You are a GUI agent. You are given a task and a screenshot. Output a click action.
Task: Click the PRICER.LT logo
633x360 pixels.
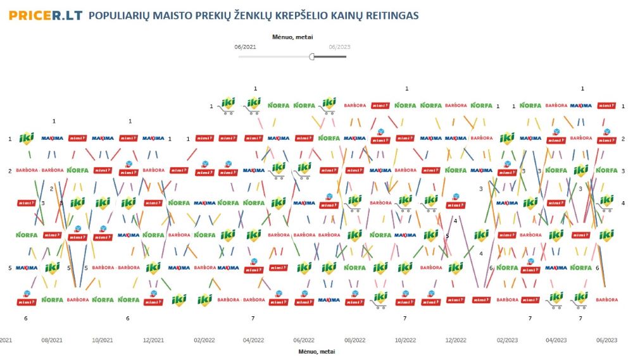tap(46, 15)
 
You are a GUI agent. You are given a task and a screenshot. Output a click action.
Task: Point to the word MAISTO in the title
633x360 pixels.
tap(171, 15)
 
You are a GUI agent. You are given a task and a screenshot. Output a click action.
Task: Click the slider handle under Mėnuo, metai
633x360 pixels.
tap(312, 56)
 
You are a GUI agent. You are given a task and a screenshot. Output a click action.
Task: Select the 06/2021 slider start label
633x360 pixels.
tap(245, 47)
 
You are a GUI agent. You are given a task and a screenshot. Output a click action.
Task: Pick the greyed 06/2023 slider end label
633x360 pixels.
tap(339, 47)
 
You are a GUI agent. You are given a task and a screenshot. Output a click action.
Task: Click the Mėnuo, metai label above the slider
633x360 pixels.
tap(292, 37)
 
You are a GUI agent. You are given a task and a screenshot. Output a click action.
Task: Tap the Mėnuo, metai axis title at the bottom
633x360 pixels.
tap(316, 351)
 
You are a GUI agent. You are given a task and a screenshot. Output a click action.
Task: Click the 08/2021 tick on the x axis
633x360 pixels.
tap(51, 340)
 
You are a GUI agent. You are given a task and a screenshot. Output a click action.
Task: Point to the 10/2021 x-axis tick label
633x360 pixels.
tap(103, 340)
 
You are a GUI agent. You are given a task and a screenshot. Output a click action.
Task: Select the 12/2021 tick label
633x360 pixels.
tap(153, 340)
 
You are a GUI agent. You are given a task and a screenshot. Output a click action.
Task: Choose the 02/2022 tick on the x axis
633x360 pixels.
tap(204, 340)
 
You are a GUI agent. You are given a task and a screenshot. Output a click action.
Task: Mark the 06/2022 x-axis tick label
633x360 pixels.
tap(304, 340)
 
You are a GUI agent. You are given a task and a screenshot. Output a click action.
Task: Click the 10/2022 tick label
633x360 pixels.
tap(405, 340)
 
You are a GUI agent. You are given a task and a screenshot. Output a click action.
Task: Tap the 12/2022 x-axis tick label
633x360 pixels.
tap(456, 340)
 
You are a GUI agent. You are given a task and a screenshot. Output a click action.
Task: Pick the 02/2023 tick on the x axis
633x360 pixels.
tap(506, 340)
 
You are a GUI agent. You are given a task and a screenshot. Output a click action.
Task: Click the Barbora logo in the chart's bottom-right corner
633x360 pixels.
tap(606, 300)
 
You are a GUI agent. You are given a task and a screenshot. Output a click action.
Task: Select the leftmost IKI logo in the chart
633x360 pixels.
tap(26, 138)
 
